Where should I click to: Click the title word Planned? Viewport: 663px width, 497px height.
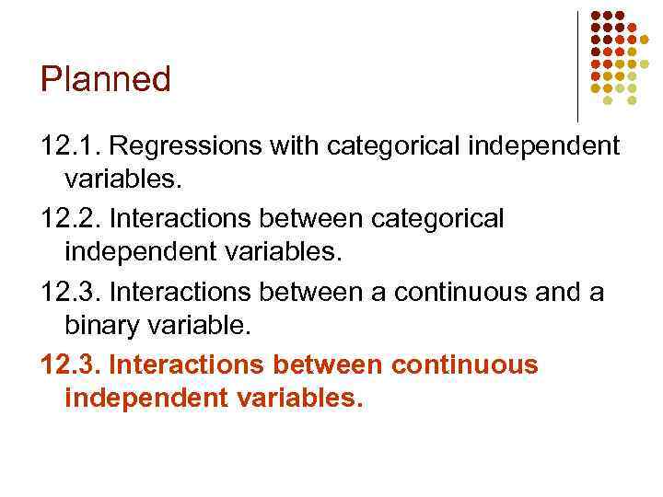click(106, 80)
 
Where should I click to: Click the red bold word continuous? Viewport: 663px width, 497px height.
click(465, 364)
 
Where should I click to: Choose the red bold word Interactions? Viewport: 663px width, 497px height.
click(187, 364)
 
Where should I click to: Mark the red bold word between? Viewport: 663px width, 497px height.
click(328, 364)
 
